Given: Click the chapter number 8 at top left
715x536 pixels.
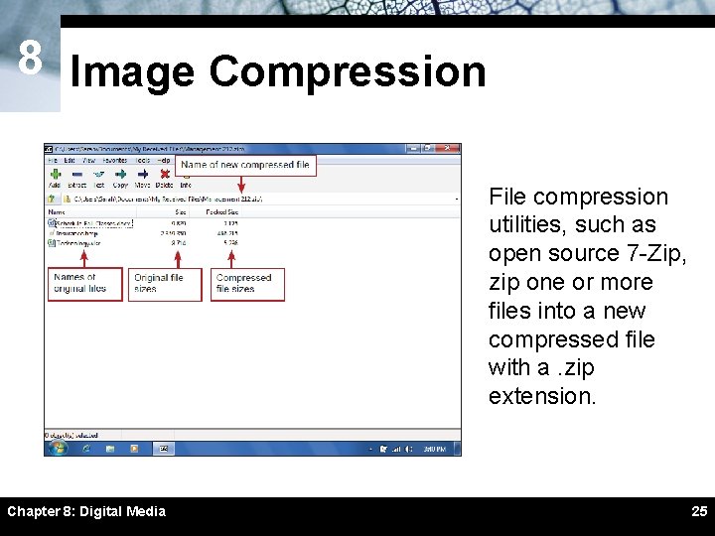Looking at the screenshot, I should click(30, 60).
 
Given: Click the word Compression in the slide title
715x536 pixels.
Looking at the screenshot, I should click(348, 72).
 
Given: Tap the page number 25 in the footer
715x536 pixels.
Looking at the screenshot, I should click(699, 511).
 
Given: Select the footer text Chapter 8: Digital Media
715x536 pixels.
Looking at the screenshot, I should click(86, 511).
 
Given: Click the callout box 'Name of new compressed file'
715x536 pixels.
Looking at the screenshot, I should click(245, 165).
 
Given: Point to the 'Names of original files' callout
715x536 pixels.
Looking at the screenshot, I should click(85, 284).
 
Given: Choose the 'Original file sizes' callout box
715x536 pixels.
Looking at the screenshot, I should click(164, 284).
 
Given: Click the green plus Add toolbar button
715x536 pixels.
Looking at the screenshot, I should click(55, 173).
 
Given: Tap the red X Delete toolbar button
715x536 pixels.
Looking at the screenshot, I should click(164, 173).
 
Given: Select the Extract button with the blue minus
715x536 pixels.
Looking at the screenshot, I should click(76, 173).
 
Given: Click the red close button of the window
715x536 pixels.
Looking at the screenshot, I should click(453, 149).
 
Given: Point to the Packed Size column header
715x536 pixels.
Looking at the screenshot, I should click(220, 211).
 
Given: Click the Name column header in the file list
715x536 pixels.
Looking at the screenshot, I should click(58, 211).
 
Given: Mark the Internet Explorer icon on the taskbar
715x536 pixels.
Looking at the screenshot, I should click(87, 449).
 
